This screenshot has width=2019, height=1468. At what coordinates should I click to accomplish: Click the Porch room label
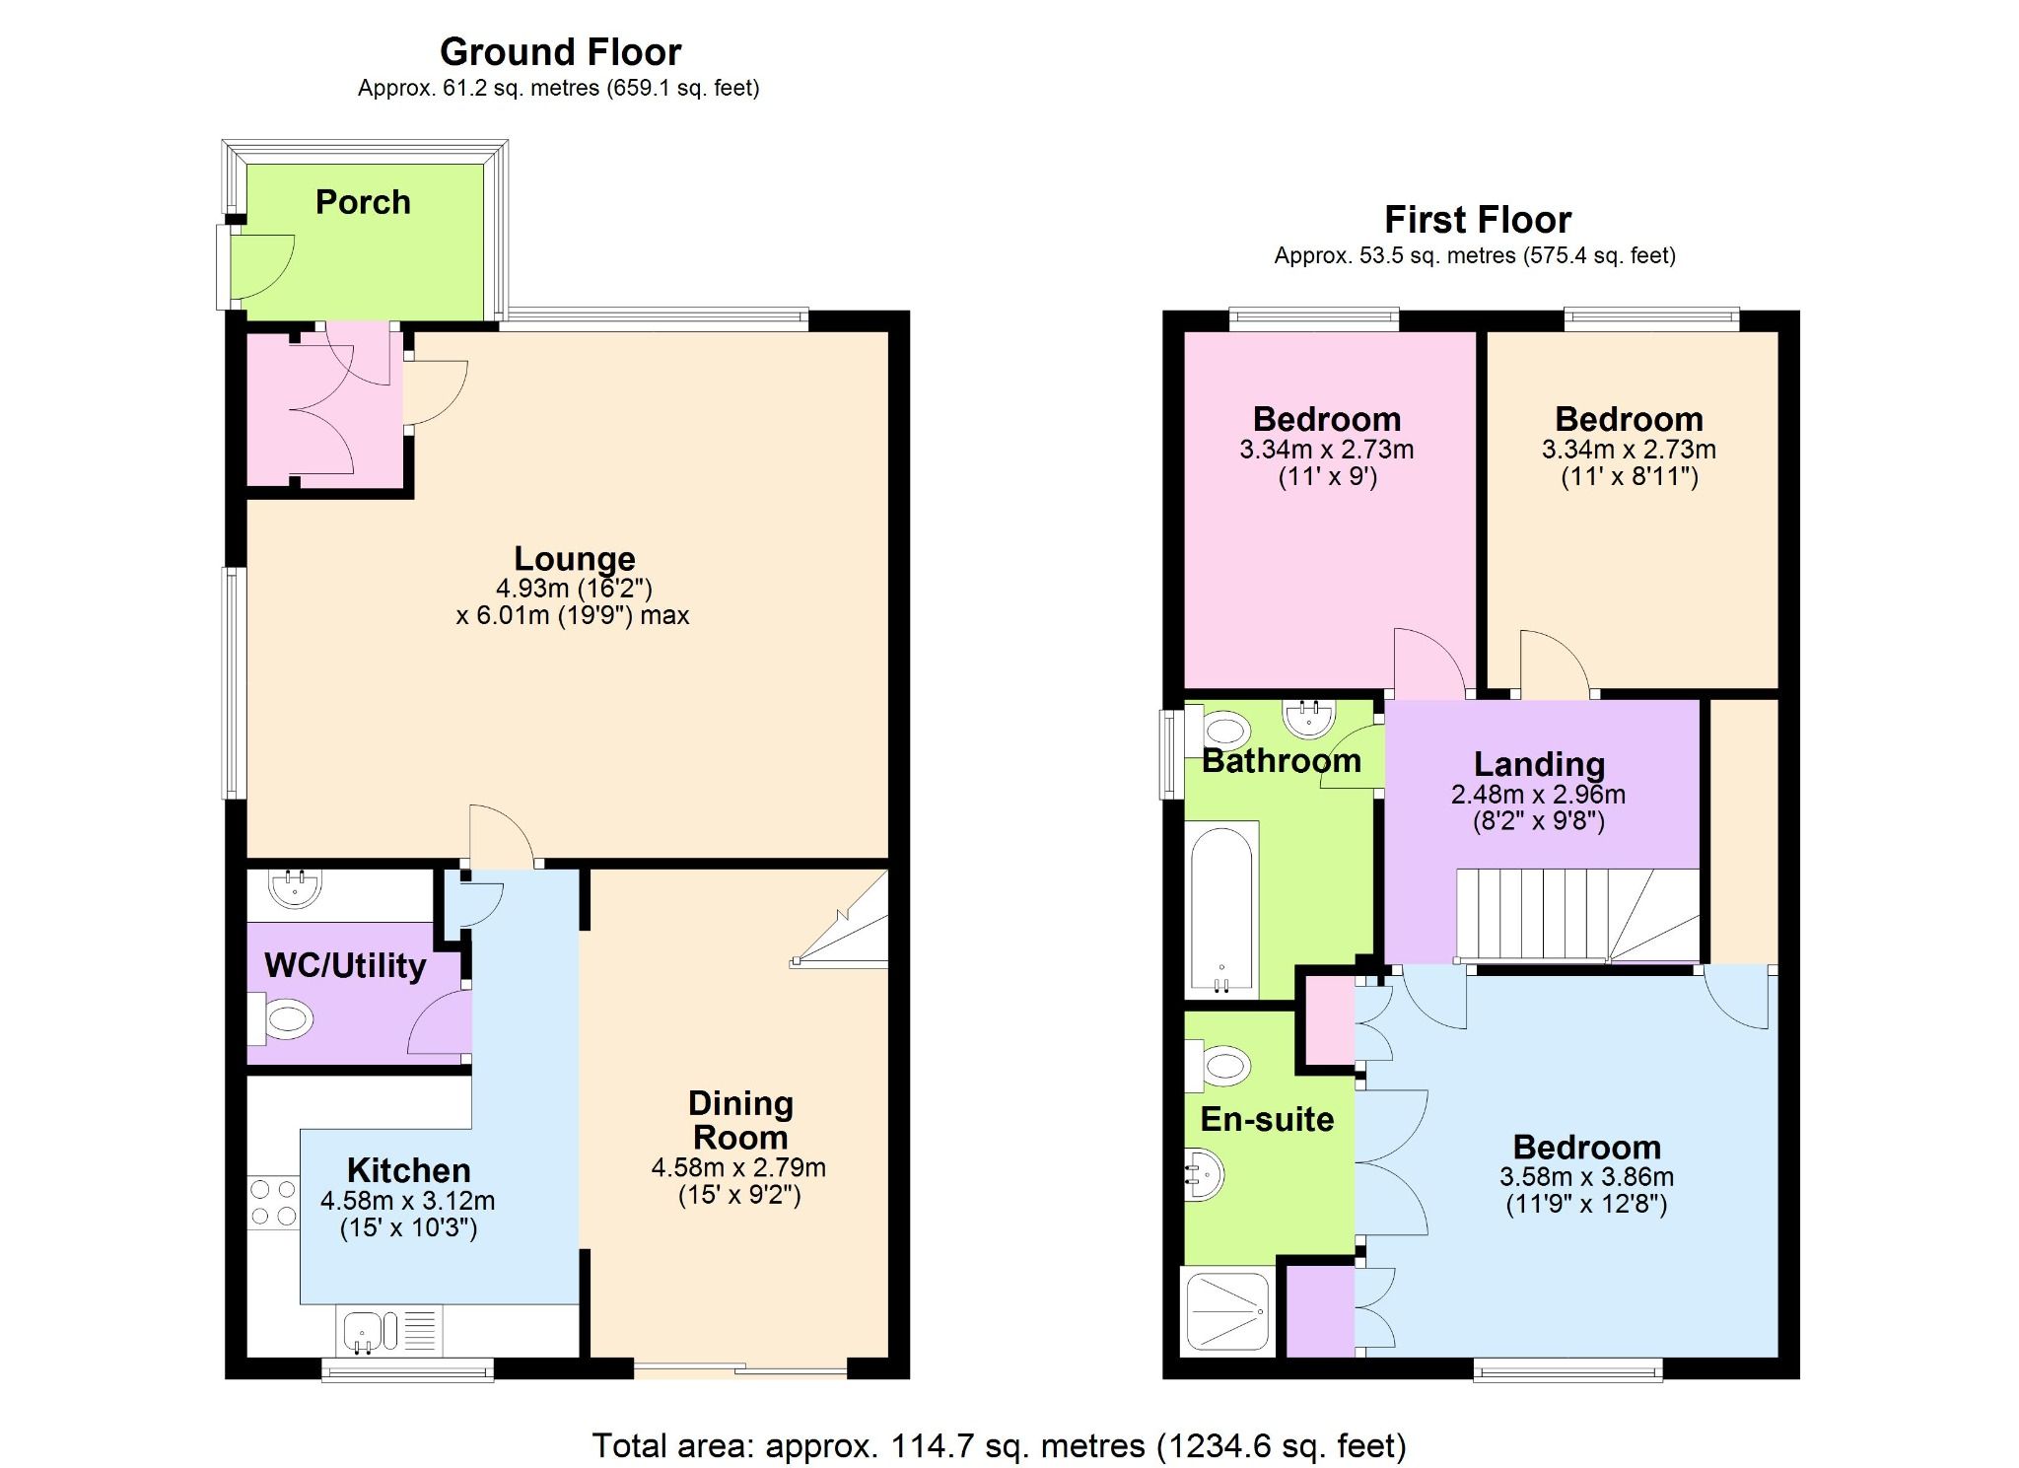pyautogui.click(x=363, y=202)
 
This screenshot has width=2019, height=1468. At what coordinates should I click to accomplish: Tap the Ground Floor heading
pyautogui.click(x=560, y=51)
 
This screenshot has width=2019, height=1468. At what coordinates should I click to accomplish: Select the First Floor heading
pyautogui.click(x=1477, y=219)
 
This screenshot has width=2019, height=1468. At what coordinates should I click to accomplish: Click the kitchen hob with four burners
pyautogui.click(x=273, y=1203)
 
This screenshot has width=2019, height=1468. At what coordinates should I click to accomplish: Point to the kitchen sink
pyautogui.click(x=364, y=1331)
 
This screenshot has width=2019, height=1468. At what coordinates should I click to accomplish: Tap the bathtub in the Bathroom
pyautogui.click(x=1222, y=908)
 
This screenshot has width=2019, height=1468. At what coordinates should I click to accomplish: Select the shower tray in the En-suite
pyautogui.click(x=1228, y=1311)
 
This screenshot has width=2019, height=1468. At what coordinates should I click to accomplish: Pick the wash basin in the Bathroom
pyautogui.click(x=1310, y=718)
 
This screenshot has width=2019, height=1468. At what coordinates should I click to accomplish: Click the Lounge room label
pyautogui.click(x=575, y=558)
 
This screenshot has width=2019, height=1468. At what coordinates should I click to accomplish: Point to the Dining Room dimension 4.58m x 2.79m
pyautogui.click(x=738, y=1168)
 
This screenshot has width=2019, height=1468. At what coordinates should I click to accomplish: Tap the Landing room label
pyautogui.click(x=1539, y=764)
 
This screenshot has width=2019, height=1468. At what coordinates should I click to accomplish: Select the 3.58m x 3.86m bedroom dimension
pyautogui.click(x=1586, y=1177)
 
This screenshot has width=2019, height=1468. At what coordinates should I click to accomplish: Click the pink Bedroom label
pyautogui.click(x=1326, y=419)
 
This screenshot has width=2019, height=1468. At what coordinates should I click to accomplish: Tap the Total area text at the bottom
pyautogui.click(x=999, y=1446)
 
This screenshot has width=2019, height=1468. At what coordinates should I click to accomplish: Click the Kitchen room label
pyautogui.click(x=408, y=1170)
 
